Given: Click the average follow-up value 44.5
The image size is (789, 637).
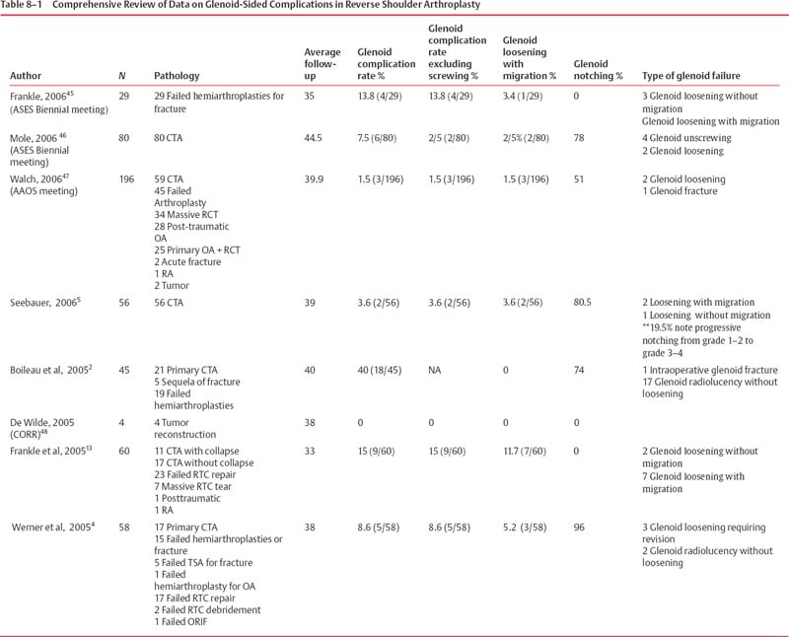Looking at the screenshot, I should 315,138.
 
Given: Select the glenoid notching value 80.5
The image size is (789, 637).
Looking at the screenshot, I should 584,299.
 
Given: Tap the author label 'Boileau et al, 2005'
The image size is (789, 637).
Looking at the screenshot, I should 53,370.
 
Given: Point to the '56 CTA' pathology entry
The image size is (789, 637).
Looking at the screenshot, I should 173,299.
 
